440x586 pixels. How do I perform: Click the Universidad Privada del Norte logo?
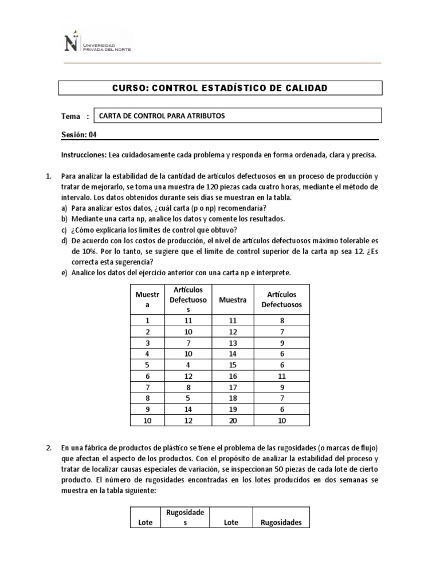point(96,41)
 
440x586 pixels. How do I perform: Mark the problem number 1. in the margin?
point(49,176)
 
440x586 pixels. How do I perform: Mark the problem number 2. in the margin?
point(49,448)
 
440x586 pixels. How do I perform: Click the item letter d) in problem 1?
point(65,241)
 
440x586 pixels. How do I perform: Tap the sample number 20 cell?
point(233,421)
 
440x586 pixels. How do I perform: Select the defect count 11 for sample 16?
point(282,377)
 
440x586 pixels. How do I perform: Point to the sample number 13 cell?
point(233,343)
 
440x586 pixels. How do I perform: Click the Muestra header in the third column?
point(233,300)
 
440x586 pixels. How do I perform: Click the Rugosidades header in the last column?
point(281,522)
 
